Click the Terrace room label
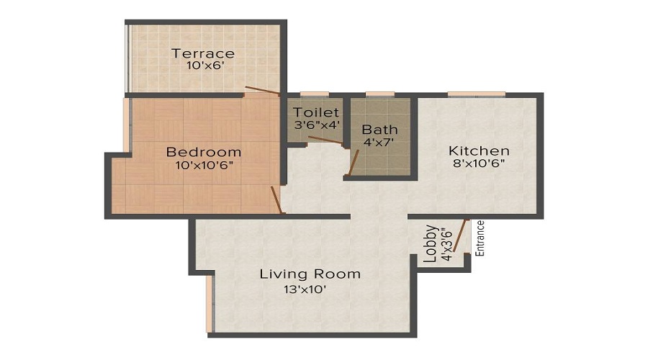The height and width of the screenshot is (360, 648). point(202,53)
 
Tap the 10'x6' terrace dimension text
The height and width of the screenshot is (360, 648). point(202,66)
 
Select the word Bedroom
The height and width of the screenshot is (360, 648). point(204,152)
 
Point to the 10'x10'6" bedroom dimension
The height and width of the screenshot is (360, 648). point(204,165)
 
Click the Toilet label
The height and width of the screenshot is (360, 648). point(315,112)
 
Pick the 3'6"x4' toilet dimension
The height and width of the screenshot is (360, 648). point(315,125)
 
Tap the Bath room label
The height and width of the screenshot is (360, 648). point(379,130)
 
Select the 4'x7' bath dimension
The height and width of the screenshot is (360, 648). point(379,143)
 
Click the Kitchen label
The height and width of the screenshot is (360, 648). point(479,150)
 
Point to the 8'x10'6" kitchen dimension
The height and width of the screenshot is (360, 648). point(479,163)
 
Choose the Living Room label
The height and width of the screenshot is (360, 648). point(310,274)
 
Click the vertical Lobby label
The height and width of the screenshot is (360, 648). point(431,245)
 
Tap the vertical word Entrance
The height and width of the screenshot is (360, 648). point(481,238)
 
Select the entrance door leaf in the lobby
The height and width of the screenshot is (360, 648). point(462,238)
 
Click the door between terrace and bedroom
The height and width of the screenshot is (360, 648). point(262,91)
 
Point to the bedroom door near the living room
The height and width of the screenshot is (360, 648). point(276,199)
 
